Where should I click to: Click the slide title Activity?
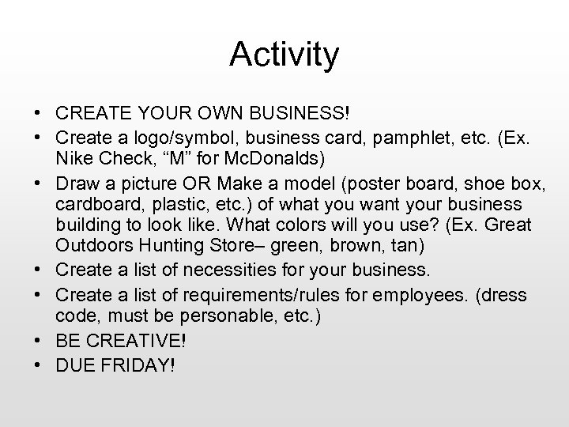(x=284, y=55)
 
